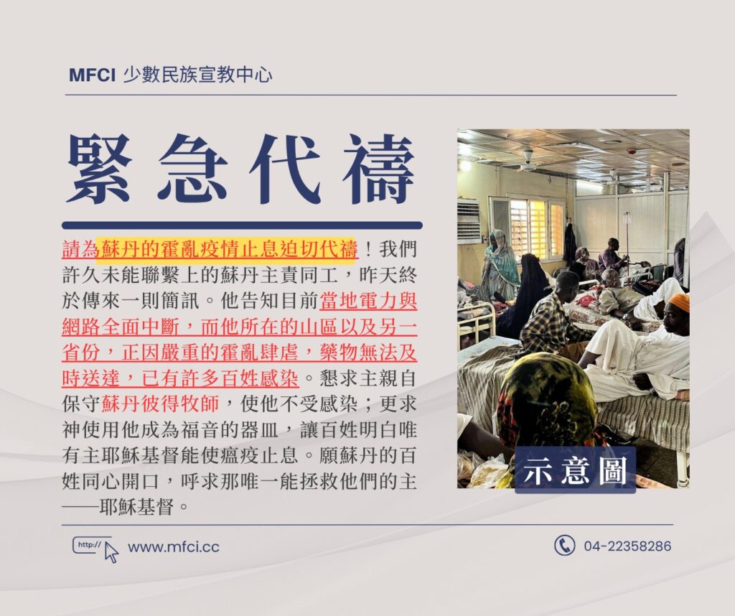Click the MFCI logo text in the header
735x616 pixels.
92,75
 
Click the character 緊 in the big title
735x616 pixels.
99,169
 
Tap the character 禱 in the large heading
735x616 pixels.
379,169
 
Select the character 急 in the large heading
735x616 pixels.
192,169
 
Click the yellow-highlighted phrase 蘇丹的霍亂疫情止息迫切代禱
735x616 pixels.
227,248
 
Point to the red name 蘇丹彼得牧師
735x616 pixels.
160,403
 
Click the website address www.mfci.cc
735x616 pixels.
174,547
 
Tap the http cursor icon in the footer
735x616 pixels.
95,549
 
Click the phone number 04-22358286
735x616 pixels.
627,546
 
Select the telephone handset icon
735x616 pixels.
564,546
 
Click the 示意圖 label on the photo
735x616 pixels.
575,470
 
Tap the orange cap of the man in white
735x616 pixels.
679,302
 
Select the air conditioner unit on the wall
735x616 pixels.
468,220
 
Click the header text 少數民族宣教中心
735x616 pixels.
197,75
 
